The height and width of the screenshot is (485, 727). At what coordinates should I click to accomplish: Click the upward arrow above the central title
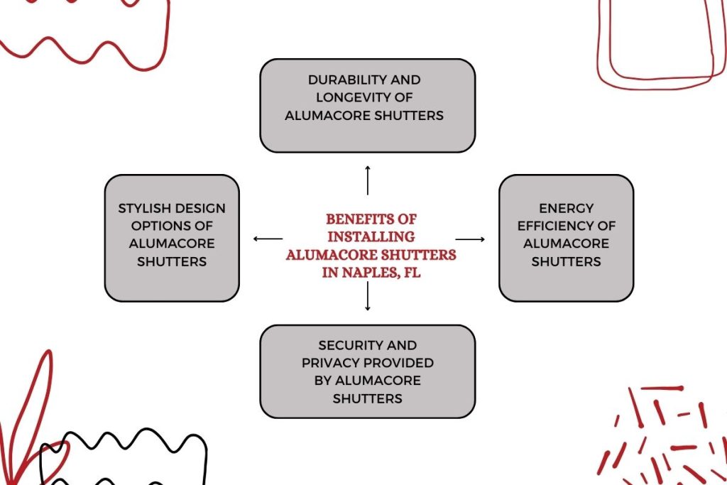368,180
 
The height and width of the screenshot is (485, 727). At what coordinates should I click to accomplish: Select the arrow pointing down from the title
368,296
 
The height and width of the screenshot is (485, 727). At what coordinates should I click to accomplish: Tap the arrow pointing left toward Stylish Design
268,239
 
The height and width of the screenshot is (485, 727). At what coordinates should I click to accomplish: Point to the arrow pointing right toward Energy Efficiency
469,239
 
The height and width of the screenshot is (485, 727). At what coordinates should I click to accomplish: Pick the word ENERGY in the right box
566,209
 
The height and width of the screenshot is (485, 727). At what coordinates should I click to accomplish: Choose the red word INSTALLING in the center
371,236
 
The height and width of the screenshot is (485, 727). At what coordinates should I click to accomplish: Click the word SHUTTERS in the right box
566,261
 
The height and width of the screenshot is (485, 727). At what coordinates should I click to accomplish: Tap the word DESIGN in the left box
199,209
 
